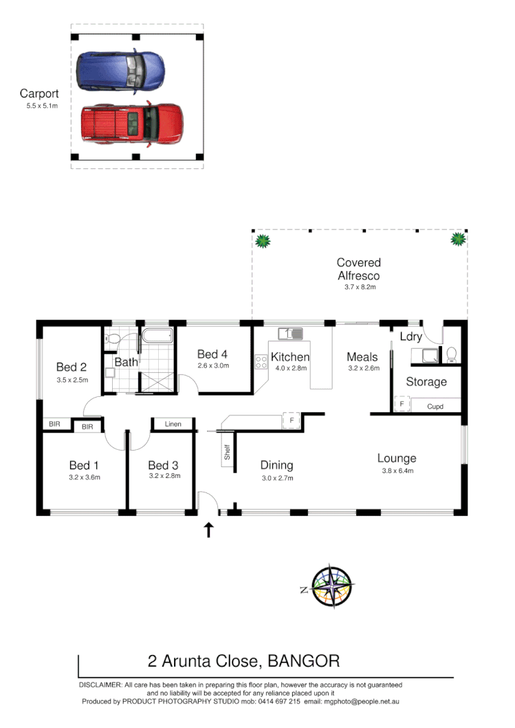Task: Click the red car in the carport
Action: (131, 124)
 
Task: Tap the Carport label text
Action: (39, 94)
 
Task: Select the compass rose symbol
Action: (331, 587)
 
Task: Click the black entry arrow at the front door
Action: (209, 530)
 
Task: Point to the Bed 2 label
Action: (71, 366)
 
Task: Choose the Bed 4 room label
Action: (212, 354)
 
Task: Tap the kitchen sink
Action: (290, 334)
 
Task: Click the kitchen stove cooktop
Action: (261, 362)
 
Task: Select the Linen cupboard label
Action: (173, 424)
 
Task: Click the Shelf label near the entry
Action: (227, 452)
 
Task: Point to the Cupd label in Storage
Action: (435, 407)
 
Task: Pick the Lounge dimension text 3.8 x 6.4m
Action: (396, 471)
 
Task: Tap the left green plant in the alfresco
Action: (262, 241)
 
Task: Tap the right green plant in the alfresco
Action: (457, 240)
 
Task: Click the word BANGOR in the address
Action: (303, 661)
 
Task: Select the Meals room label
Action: (362, 357)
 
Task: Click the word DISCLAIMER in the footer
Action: (100, 685)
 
